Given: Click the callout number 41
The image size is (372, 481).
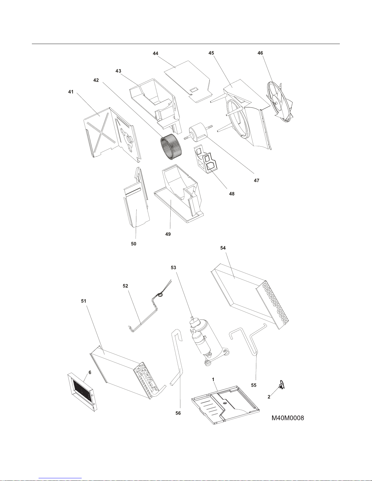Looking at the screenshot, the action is pos(71,92).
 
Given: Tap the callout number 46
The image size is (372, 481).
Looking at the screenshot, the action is pos(260,53).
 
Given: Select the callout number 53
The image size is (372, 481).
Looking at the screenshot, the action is pos(173,268).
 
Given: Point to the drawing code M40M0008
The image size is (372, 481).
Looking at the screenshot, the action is pos(288,418).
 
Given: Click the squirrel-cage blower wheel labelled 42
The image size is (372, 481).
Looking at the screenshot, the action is pos(167,148).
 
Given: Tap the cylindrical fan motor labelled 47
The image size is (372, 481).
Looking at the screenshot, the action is pos(197,132).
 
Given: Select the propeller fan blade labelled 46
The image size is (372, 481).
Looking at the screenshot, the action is pos(279,102).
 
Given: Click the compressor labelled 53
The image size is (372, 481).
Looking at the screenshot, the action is pos(207,341).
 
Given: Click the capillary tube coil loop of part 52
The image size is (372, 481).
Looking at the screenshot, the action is pos(160,295).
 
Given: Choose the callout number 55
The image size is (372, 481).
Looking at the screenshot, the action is pos(254,385).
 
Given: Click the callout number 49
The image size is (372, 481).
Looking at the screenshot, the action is pos(168,234).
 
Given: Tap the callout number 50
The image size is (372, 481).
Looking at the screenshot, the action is pos(134,244).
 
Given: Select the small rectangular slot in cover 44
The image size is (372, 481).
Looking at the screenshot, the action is pos(193,90).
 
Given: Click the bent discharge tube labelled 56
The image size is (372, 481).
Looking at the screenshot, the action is pos(177,360).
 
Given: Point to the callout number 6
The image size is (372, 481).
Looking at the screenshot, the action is pos(90,372).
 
